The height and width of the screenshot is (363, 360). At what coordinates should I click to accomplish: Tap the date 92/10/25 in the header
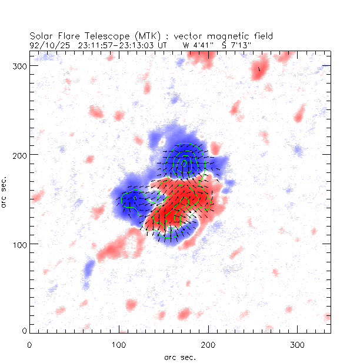(46, 44)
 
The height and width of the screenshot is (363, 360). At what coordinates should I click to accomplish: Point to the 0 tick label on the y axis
(25, 332)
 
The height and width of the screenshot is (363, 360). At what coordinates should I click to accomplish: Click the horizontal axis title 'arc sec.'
(180, 357)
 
